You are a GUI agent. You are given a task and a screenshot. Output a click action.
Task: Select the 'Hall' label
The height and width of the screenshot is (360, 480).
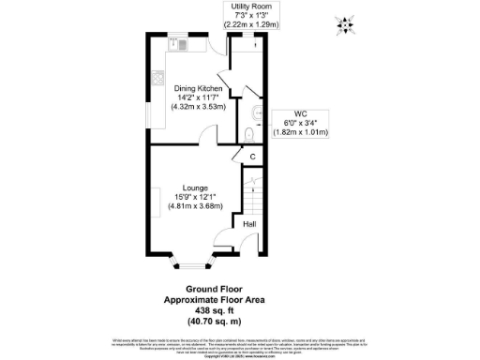coord(249,225)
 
